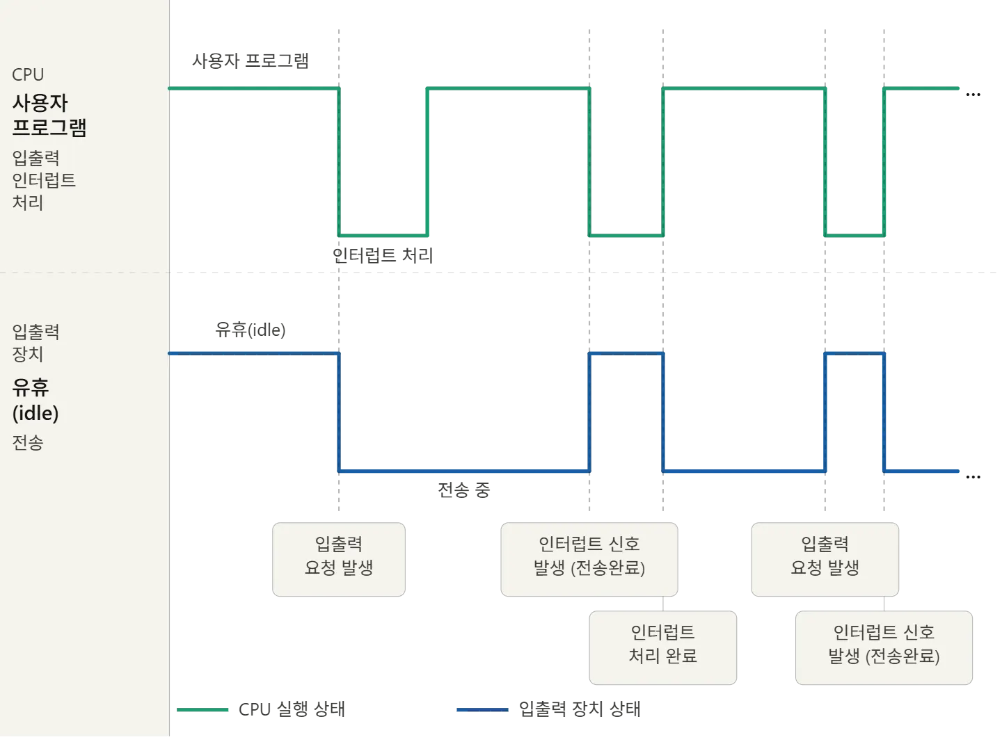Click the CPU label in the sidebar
(28, 74)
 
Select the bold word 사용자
(40, 103)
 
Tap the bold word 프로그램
(49, 128)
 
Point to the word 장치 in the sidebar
(28, 354)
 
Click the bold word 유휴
(31, 387)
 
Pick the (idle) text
(35, 413)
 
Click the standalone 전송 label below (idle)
(28, 442)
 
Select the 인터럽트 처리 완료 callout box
(662, 647)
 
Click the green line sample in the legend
(202, 709)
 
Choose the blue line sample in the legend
(484, 709)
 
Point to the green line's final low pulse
(855, 236)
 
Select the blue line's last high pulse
(855, 354)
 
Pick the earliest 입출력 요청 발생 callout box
(339, 560)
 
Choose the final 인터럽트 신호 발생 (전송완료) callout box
(884, 647)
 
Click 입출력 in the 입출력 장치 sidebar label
(35, 332)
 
